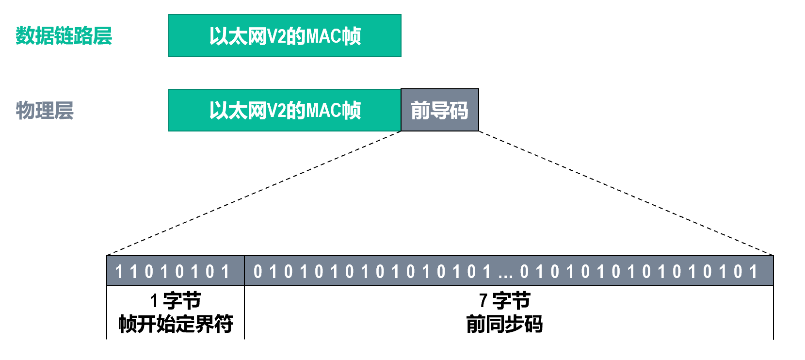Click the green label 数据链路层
64,36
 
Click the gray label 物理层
45,110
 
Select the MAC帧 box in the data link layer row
285,36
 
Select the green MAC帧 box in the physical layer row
285,110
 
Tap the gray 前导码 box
439,110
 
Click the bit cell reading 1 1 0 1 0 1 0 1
175,271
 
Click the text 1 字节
175,301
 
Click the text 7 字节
504,301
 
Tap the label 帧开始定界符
176,324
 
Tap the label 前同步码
504,324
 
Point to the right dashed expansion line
626,193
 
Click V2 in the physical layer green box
276,111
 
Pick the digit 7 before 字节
483,301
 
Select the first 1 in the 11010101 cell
119,272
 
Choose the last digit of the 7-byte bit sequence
753,272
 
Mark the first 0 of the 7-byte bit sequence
258,272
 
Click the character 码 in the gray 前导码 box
458,110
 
